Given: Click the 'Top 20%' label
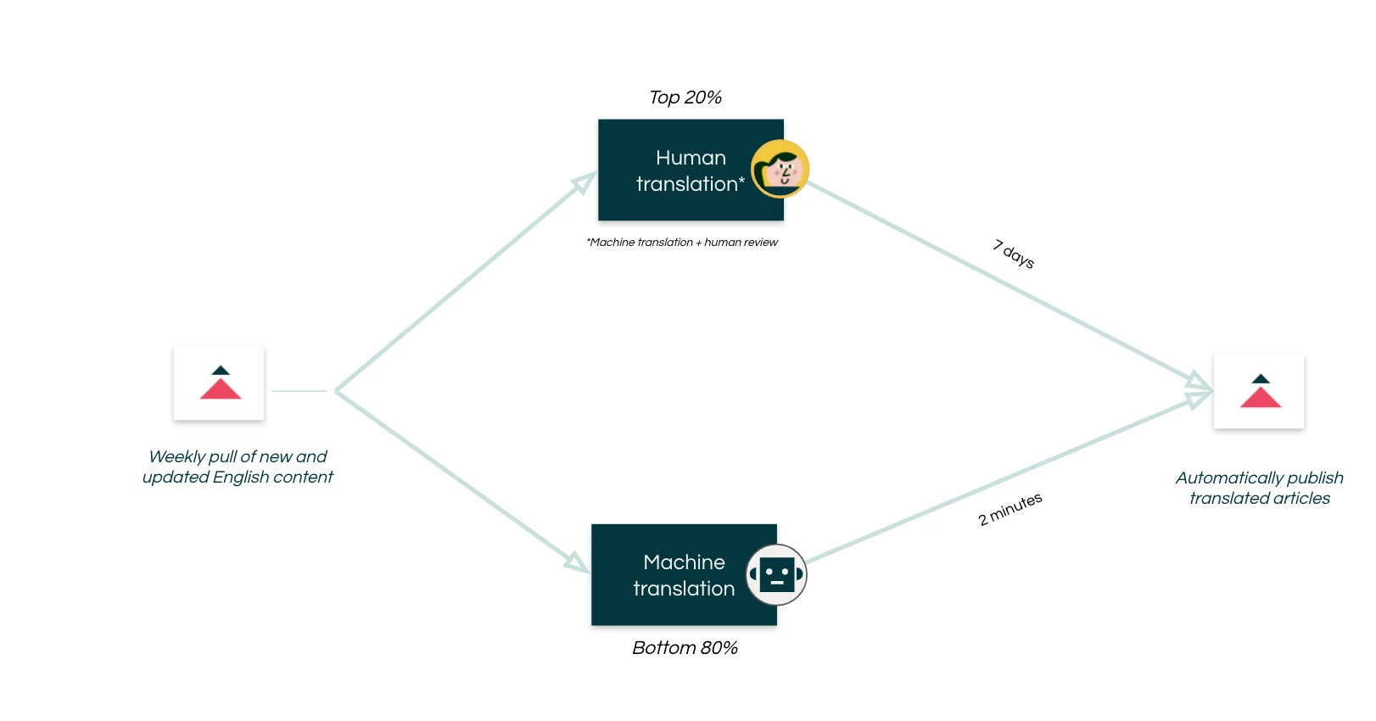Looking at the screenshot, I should pos(685,98).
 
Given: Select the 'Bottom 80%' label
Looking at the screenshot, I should pos(685,648).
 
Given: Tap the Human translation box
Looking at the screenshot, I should pos(679,170).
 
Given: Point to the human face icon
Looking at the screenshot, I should pos(780,169).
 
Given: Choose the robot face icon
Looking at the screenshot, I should pos(776,575).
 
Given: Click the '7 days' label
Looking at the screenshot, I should pos(1014,254).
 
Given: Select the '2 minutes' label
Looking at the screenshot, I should pos(1010,509).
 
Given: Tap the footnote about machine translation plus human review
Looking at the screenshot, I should pos(682,243).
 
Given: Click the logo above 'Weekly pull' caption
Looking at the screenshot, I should pos(219,383).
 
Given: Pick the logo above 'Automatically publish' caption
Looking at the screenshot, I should pos(1259,391).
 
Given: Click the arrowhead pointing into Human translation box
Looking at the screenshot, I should pos(584,182).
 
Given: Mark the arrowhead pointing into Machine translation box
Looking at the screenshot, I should pos(577,562).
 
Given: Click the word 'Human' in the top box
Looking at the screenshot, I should pos(691,158).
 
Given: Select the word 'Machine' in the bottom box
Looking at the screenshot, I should pos(684,562).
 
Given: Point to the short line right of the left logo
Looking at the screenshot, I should pos(299,391).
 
